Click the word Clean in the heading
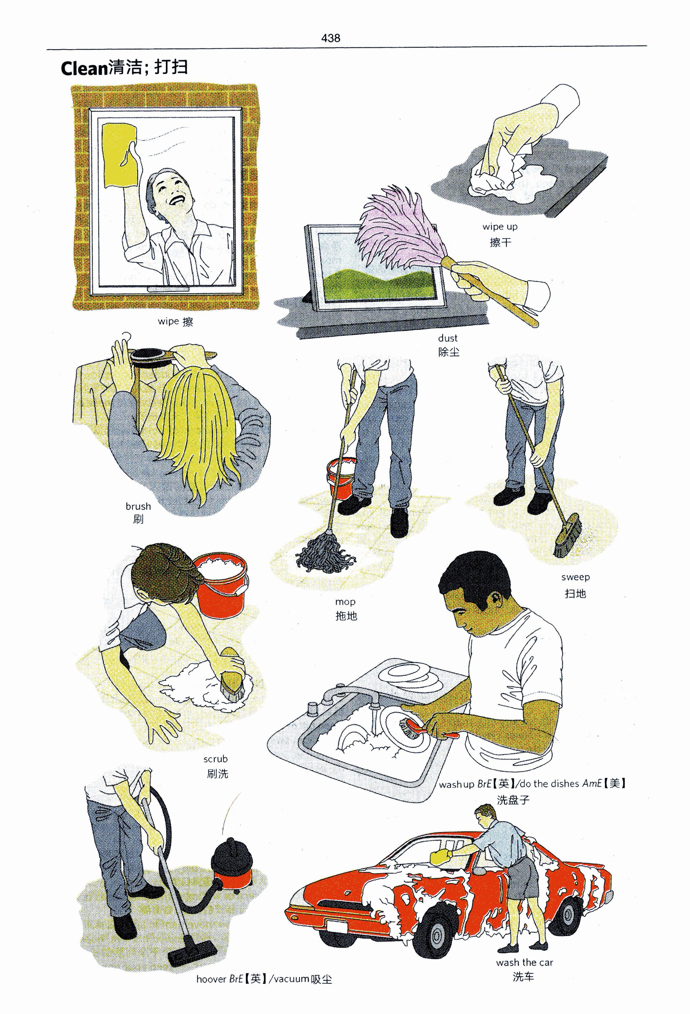(84, 69)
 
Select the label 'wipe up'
(500, 226)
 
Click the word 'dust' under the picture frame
(448, 338)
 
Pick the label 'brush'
(138, 506)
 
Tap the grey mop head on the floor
(325, 555)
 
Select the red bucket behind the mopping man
(340, 477)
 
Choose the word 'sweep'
(575, 577)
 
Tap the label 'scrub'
(216, 759)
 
